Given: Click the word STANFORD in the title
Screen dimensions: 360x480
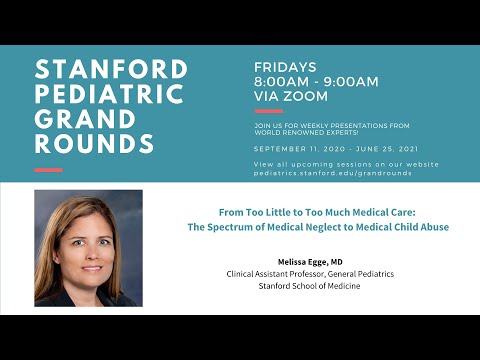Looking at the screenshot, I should (110, 70).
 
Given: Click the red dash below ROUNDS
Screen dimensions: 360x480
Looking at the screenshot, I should (49, 170).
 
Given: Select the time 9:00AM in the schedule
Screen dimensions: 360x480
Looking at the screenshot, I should (350, 82).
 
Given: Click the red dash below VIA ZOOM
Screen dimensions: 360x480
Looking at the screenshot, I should (269, 111).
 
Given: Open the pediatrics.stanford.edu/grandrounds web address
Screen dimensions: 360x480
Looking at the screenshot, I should (332, 172).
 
